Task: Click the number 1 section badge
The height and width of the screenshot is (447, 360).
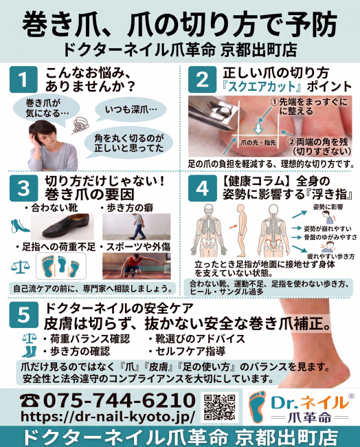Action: point(23,80)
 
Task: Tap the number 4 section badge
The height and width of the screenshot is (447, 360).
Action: point(202,188)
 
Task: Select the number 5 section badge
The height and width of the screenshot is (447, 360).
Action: point(23,315)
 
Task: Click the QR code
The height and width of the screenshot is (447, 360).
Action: point(220,407)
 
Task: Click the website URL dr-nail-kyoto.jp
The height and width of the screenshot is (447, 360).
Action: point(108,416)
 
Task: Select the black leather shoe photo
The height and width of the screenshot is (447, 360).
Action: point(62,227)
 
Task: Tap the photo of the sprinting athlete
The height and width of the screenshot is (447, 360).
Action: point(137,266)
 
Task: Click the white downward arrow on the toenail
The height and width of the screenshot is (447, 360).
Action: point(258,129)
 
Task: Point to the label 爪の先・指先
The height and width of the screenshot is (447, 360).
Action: point(258,142)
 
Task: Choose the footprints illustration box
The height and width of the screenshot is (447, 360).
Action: point(61,266)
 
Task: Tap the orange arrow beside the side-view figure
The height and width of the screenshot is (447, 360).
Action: point(234,226)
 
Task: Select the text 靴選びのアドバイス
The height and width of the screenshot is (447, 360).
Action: point(200,338)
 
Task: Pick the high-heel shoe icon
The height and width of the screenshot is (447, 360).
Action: point(19,226)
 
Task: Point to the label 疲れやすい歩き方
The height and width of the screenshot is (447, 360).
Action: point(330,257)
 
